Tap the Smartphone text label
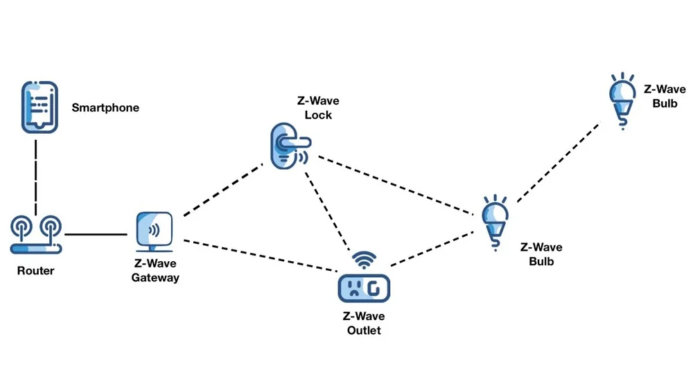click(x=105, y=108)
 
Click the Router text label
click(x=35, y=270)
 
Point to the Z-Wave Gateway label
click(x=155, y=271)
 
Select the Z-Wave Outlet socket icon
click(x=363, y=287)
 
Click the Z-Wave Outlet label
click(x=364, y=323)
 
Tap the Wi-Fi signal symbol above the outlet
click(x=364, y=260)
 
